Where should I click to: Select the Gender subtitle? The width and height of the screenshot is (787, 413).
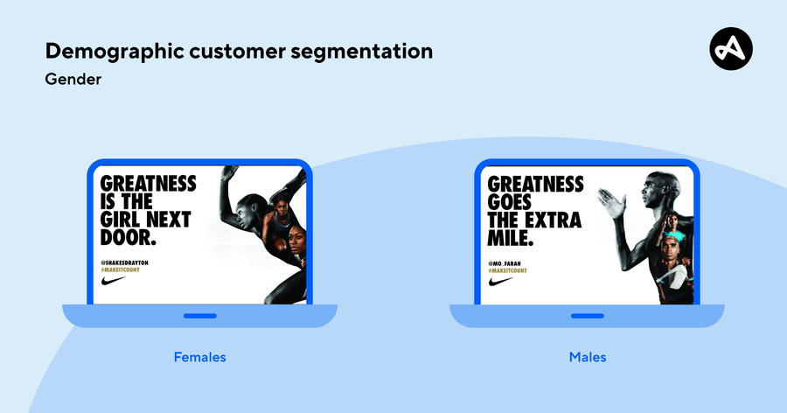[x=73, y=80]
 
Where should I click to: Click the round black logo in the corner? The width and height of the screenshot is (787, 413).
[x=731, y=47]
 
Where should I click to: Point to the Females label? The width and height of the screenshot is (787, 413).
[x=199, y=357]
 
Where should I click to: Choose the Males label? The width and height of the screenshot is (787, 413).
[x=587, y=357]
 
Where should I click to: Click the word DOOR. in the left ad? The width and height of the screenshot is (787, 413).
[x=128, y=237]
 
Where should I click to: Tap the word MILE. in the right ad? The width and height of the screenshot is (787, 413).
[x=509, y=238]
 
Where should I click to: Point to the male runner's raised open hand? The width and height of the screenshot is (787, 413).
[x=612, y=204]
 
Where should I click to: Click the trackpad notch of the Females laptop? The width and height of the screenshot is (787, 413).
[x=199, y=315]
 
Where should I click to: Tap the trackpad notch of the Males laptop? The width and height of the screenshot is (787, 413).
[x=587, y=315]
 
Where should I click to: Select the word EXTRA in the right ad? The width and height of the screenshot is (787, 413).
[x=553, y=220]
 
